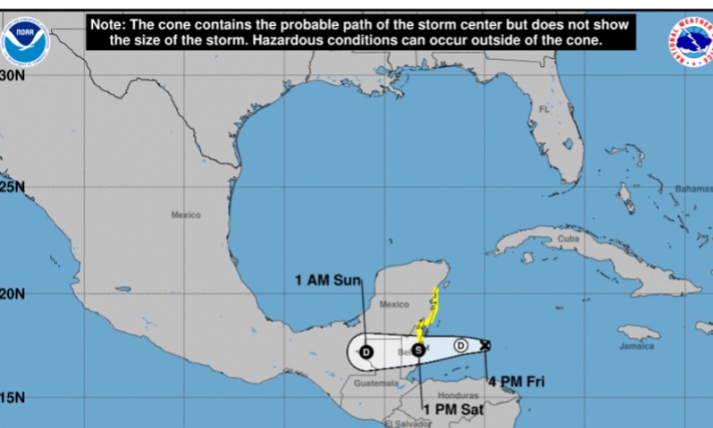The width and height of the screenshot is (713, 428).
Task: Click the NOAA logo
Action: click(24, 41)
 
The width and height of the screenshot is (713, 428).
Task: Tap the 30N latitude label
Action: click(13, 75)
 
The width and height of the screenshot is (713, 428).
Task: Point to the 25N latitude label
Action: click(13, 187)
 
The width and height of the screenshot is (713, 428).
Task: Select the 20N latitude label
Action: click(13, 294)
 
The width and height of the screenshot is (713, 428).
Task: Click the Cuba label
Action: click(568, 239)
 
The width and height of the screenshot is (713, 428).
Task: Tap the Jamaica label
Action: click(637, 346)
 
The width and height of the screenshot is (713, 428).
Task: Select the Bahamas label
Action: click(693, 189)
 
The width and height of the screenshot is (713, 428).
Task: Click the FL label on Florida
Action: click(545, 110)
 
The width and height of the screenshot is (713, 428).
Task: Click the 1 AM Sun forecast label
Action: click(327, 280)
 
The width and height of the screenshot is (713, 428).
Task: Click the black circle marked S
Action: click(418, 349)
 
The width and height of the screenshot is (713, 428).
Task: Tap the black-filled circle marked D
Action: click(366, 352)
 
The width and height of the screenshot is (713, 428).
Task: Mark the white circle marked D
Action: click(460, 345)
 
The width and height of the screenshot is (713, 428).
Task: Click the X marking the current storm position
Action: click(485, 344)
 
